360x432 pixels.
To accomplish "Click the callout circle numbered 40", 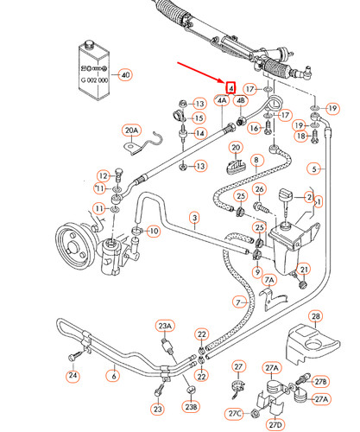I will click(x=126, y=74).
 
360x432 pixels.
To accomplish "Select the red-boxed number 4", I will click(x=231, y=87).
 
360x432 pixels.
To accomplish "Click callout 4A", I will click(x=223, y=101).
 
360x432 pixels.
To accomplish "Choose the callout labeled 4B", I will click(x=242, y=101).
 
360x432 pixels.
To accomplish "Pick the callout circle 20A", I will click(x=131, y=130).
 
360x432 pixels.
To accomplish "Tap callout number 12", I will click(x=104, y=175).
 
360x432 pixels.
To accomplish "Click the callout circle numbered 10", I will click(x=153, y=232).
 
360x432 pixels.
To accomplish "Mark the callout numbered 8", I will click(x=256, y=161).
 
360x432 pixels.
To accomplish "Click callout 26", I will click(x=260, y=190).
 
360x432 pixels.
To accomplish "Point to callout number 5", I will click(x=316, y=168).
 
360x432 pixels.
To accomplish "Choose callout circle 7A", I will click(x=269, y=281).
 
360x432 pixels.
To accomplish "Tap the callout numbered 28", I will click(x=316, y=316).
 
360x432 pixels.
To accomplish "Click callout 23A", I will click(x=165, y=327).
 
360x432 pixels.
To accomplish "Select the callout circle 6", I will click(x=112, y=375).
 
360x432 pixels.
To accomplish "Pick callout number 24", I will click(x=73, y=375).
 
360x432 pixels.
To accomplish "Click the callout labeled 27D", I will click(x=275, y=423).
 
